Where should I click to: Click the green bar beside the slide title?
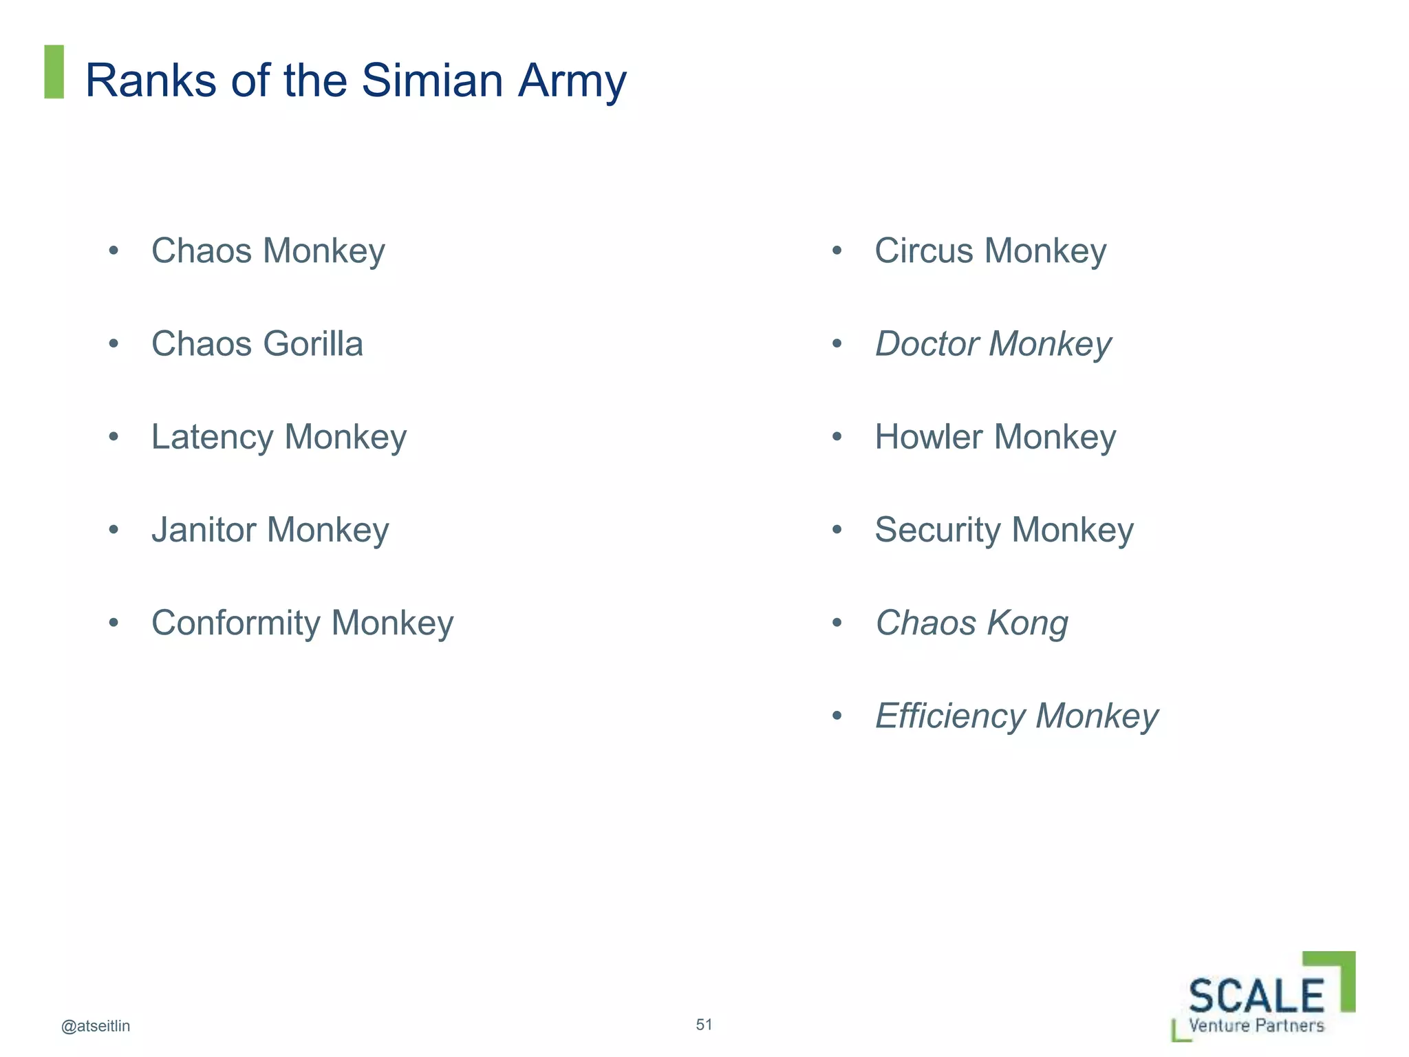coord(54,72)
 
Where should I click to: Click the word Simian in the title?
coord(432,81)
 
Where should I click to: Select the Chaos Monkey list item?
coord(268,251)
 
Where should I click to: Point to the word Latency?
coord(212,438)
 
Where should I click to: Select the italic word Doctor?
coord(926,344)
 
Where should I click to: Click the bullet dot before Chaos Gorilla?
coord(114,343)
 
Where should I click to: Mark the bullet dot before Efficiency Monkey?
coord(837,716)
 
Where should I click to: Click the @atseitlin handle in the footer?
coord(96,1026)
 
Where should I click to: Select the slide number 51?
coord(704,1025)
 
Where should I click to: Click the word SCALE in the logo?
coord(1256,996)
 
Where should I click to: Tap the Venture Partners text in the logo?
coord(1256,1026)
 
